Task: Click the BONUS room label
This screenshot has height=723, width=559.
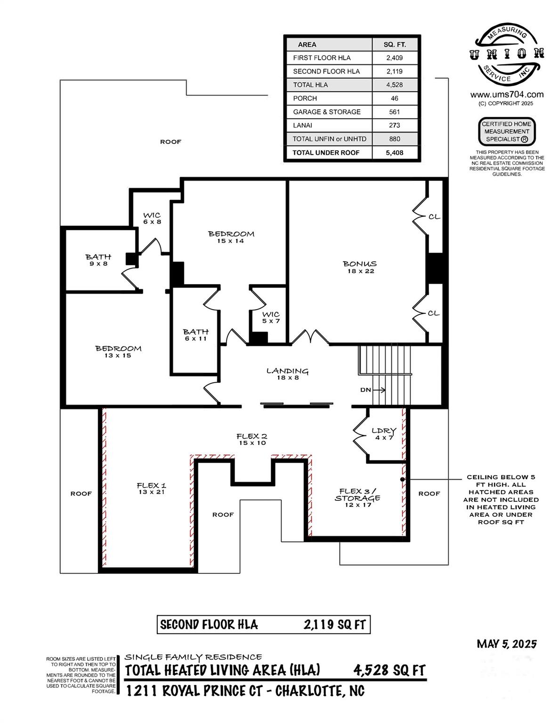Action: (x=360, y=267)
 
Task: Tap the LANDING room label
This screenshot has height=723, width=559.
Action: (x=287, y=374)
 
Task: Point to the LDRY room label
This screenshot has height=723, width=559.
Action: (x=384, y=434)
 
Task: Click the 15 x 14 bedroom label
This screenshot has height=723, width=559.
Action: (x=231, y=237)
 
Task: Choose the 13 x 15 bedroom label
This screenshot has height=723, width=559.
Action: (x=118, y=352)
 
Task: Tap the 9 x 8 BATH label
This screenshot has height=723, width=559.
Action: (x=98, y=260)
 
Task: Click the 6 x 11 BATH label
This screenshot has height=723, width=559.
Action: (x=195, y=335)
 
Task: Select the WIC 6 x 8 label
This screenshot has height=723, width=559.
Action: (x=152, y=218)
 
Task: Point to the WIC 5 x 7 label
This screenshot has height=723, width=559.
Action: (x=271, y=317)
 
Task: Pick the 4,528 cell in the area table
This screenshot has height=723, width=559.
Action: (x=394, y=85)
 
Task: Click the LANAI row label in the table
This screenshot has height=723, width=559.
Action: (x=302, y=125)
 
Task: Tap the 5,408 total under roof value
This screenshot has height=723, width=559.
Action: (x=394, y=153)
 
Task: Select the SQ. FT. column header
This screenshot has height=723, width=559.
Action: (x=395, y=45)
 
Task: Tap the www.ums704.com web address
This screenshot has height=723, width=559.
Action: (x=507, y=95)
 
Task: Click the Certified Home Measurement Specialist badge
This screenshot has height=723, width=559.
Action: (x=507, y=131)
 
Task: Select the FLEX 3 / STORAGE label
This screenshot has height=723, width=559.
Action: (x=358, y=498)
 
